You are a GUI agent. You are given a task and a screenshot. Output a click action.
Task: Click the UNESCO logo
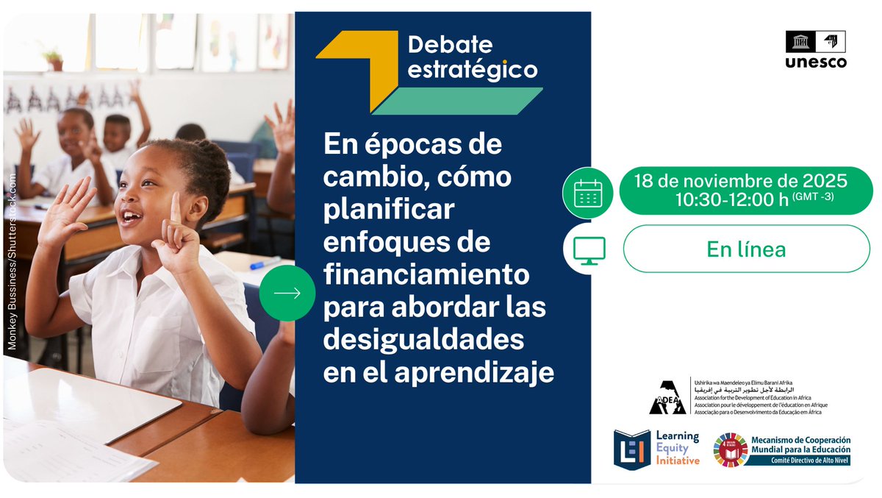815,49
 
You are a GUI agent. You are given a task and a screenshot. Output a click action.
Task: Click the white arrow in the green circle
287,293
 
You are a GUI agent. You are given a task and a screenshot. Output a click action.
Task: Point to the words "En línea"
746,249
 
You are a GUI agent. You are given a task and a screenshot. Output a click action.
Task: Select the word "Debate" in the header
450,45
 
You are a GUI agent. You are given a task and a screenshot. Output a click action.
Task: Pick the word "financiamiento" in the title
427,275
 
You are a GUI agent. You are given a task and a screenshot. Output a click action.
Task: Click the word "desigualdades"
424,341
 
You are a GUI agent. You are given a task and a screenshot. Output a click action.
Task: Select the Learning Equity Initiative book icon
632,449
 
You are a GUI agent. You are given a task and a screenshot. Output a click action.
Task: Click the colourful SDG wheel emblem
730,449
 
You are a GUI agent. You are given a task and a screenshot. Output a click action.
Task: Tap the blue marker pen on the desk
264,263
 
